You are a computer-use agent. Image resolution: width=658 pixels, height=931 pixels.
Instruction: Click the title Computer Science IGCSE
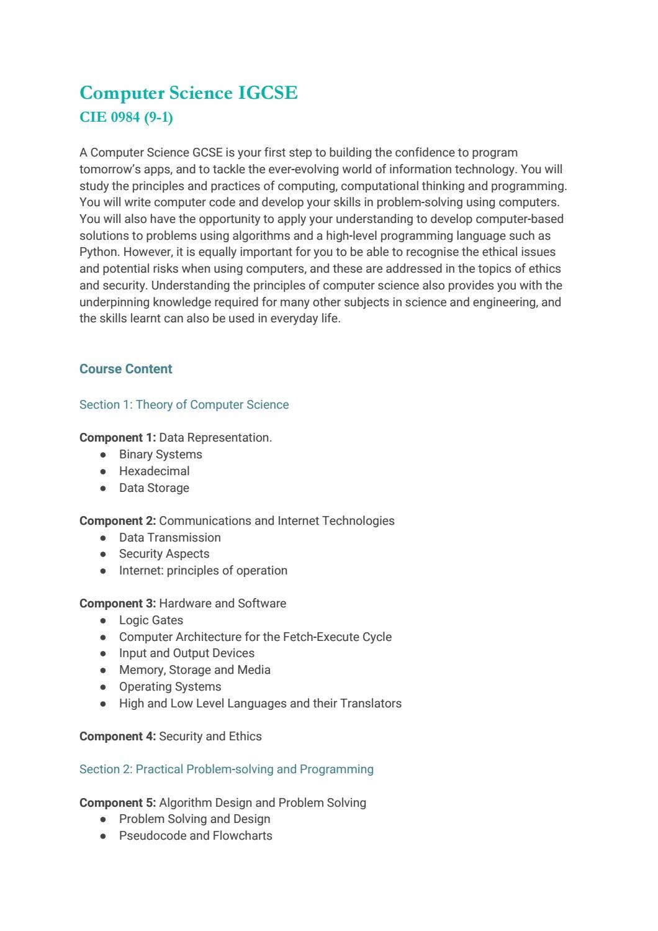(x=189, y=93)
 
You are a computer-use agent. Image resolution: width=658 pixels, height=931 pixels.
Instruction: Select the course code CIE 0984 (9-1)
(x=126, y=117)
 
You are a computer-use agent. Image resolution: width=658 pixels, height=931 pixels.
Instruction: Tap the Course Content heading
(x=125, y=369)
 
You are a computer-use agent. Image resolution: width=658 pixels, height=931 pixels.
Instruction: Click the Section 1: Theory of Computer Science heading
(x=184, y=405)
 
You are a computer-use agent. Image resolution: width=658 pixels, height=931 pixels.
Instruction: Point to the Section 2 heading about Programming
(x=226, y=770)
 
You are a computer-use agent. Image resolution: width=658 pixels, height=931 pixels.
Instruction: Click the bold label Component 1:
(x=117, y=438)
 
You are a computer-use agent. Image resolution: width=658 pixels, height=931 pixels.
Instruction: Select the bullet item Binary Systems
(x=160, y=455)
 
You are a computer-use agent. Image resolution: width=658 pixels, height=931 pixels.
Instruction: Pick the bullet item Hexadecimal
(x=154, y=471)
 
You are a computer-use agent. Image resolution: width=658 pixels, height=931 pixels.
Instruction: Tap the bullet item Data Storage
(x=154, y=488)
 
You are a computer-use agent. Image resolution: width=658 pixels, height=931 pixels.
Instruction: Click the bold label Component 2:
(x=117, y=521)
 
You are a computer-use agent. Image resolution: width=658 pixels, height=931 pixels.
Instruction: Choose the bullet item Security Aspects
(x=164, y=554)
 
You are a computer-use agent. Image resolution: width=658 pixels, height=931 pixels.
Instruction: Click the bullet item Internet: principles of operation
(x=203, y=571)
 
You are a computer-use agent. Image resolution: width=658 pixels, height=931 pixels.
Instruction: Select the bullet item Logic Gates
(x=151, y=620)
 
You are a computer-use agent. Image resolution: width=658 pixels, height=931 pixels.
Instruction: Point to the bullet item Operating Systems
(x=170, y=687)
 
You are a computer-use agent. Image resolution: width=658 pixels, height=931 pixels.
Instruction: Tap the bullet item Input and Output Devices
(x=186, y=653)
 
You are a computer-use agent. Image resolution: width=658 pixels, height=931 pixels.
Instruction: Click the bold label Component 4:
(x=117, y=737)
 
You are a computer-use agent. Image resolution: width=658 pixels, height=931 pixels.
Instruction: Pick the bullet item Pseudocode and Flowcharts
(x=196, y=836)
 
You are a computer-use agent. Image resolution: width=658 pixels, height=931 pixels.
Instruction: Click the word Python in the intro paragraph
(x=99, y=252)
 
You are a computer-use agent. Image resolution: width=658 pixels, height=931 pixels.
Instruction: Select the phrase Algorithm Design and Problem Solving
(x=262, y=803)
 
